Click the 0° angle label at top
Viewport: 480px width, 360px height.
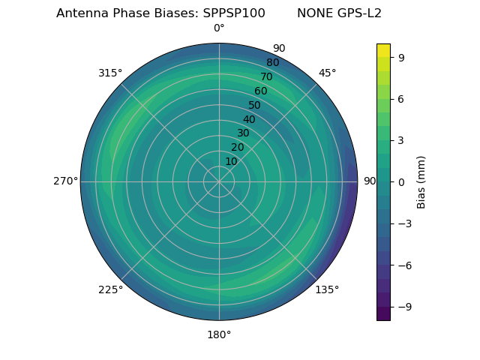tap(219, 28)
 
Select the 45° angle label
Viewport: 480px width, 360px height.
tap(327, 73)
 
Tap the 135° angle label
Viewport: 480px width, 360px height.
tap(327, 289)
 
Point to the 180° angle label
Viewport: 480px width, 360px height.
tap(219, 334)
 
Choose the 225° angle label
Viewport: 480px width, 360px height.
tap(110, 289)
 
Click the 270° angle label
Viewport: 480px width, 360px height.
tap(65, 181)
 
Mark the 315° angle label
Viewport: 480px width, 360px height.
tap(110, 73)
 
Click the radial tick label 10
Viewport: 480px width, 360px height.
tap(232, 161)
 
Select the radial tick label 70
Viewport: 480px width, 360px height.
tap(266, 76)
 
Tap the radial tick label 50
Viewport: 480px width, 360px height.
tap(255, 105)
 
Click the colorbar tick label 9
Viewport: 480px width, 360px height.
tap(401, 56)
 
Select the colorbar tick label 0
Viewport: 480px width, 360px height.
tap(401, 181)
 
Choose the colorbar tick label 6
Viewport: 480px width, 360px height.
tap(401, 98)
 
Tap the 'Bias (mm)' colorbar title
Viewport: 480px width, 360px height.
tap(421, 181)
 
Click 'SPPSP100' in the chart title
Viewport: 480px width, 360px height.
tap(234, 13)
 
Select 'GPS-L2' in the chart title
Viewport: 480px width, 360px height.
tap(360, 13)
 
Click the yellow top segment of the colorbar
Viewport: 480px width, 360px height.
tap(383, 50)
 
